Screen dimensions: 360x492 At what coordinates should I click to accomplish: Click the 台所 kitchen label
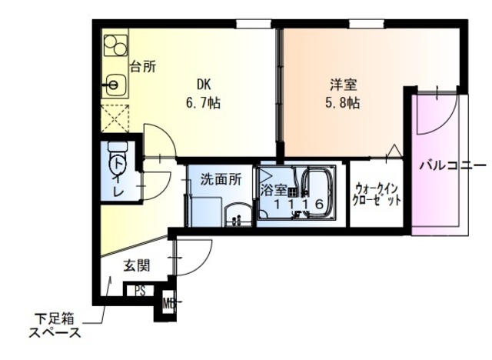pos(142,66)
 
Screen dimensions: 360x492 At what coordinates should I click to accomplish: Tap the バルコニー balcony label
pos(452,165)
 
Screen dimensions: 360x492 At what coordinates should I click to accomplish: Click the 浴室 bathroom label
pos(273,188)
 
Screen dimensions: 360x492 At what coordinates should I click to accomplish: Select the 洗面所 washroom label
pos(221,179)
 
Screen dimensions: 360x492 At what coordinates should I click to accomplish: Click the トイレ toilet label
pos(118,176)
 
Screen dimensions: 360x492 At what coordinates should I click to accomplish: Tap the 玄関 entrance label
pos(136,266)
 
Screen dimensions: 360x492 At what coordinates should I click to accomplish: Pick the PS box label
pos(140,291)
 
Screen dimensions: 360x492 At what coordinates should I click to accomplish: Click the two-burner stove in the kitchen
pos(115,45)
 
